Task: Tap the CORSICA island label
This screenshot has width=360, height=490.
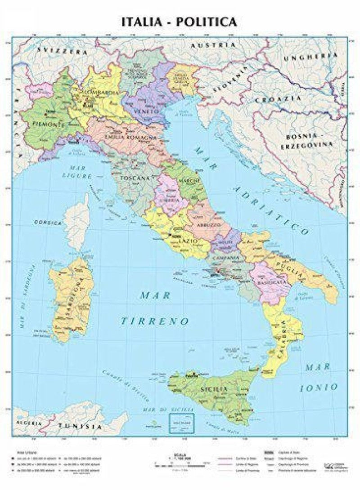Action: point(47,222)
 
